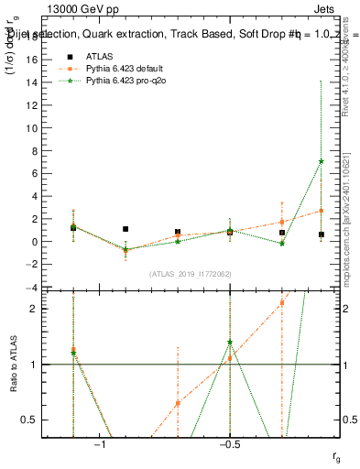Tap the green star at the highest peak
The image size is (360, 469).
(321, 161)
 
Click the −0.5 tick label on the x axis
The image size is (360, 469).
(229, 443)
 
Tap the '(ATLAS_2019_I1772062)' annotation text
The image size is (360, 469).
(190, 274)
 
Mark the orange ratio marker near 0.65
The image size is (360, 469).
(178, 403)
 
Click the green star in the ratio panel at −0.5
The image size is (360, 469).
(229, 343)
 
